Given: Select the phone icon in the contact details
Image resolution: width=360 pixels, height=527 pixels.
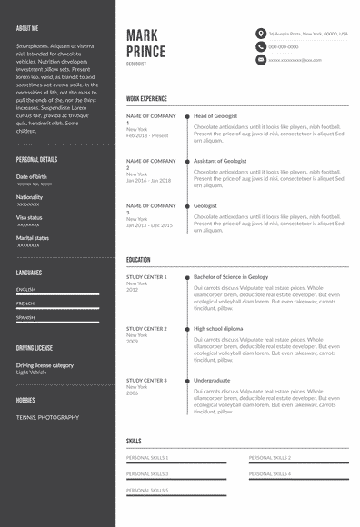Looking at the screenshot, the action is (261, 46).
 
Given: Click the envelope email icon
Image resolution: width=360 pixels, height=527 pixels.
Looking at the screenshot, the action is (261, 59).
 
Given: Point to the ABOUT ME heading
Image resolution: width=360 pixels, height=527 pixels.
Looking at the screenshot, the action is (26, 28).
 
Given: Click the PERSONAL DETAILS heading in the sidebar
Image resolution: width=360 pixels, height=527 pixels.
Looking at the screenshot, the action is (36, 159).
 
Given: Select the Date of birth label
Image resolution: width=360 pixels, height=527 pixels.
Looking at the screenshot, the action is (32, 175).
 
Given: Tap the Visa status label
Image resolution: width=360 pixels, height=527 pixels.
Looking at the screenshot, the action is (29, 217).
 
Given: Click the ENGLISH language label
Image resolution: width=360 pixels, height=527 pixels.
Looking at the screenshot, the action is (25, 289).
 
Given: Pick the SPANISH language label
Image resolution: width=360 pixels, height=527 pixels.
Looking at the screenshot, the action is (25, 317).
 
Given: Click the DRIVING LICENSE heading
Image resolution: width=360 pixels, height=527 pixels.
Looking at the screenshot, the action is (35, 348).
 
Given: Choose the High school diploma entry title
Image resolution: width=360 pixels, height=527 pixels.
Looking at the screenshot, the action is (218, 328).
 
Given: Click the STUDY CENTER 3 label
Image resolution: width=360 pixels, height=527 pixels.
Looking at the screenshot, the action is (146, 380).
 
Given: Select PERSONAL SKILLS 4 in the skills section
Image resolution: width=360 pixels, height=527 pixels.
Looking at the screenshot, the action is (270, 473).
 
